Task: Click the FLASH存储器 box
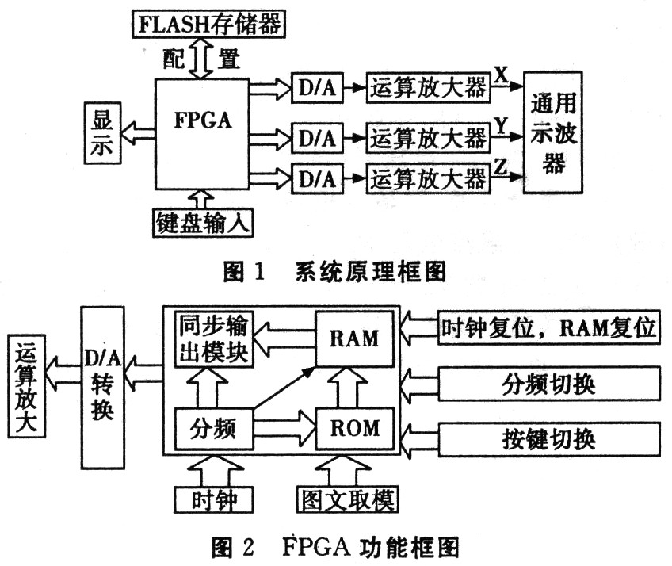click(x=208, y=24)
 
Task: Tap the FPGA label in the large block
click(x=203, y=120)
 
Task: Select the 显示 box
click(x=102, y=133)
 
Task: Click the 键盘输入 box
click(x=203, y=223)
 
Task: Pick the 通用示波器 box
click(x=552, y=132)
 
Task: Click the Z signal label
click(x=500, y=166)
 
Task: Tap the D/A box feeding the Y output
click(x=317, y=138)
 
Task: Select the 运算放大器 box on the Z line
click(x=428, y=178)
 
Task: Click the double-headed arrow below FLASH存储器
click(x=201, y=59)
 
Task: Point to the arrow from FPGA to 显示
click(x=138, y=133)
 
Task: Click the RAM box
click(x=354, y=338)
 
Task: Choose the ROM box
click(x=354, y=428)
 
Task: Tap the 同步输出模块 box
click(x=214, y=338)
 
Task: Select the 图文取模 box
click(x=347, y=499)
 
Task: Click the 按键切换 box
click(x=549, y=439)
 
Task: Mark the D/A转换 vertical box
click(x=103, y=388)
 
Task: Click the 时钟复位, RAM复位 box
click(x=549, y=328)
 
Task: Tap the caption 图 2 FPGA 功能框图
click(x=335, y=547)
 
